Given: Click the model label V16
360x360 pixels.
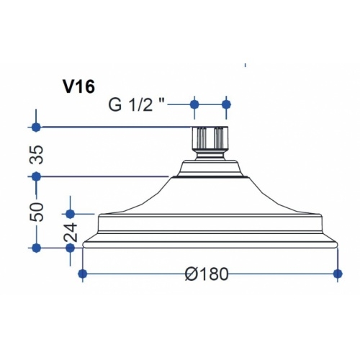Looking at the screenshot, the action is click(78, 86).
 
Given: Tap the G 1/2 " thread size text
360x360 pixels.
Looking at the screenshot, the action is click(137, 104).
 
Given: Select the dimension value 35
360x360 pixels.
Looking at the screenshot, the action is click(37, 155).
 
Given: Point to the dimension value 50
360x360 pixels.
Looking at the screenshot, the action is click(37, 212).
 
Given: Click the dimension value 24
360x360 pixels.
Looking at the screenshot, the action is click(71, 233).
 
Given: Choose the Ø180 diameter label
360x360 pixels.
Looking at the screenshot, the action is click(207, 274).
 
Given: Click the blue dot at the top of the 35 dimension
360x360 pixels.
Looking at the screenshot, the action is click(36, 127).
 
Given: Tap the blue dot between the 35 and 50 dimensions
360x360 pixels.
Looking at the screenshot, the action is click(36, 177).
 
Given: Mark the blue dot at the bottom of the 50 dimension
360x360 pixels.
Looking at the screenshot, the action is click(36, 248).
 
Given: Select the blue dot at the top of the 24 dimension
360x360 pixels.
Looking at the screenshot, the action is click(70, 213).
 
